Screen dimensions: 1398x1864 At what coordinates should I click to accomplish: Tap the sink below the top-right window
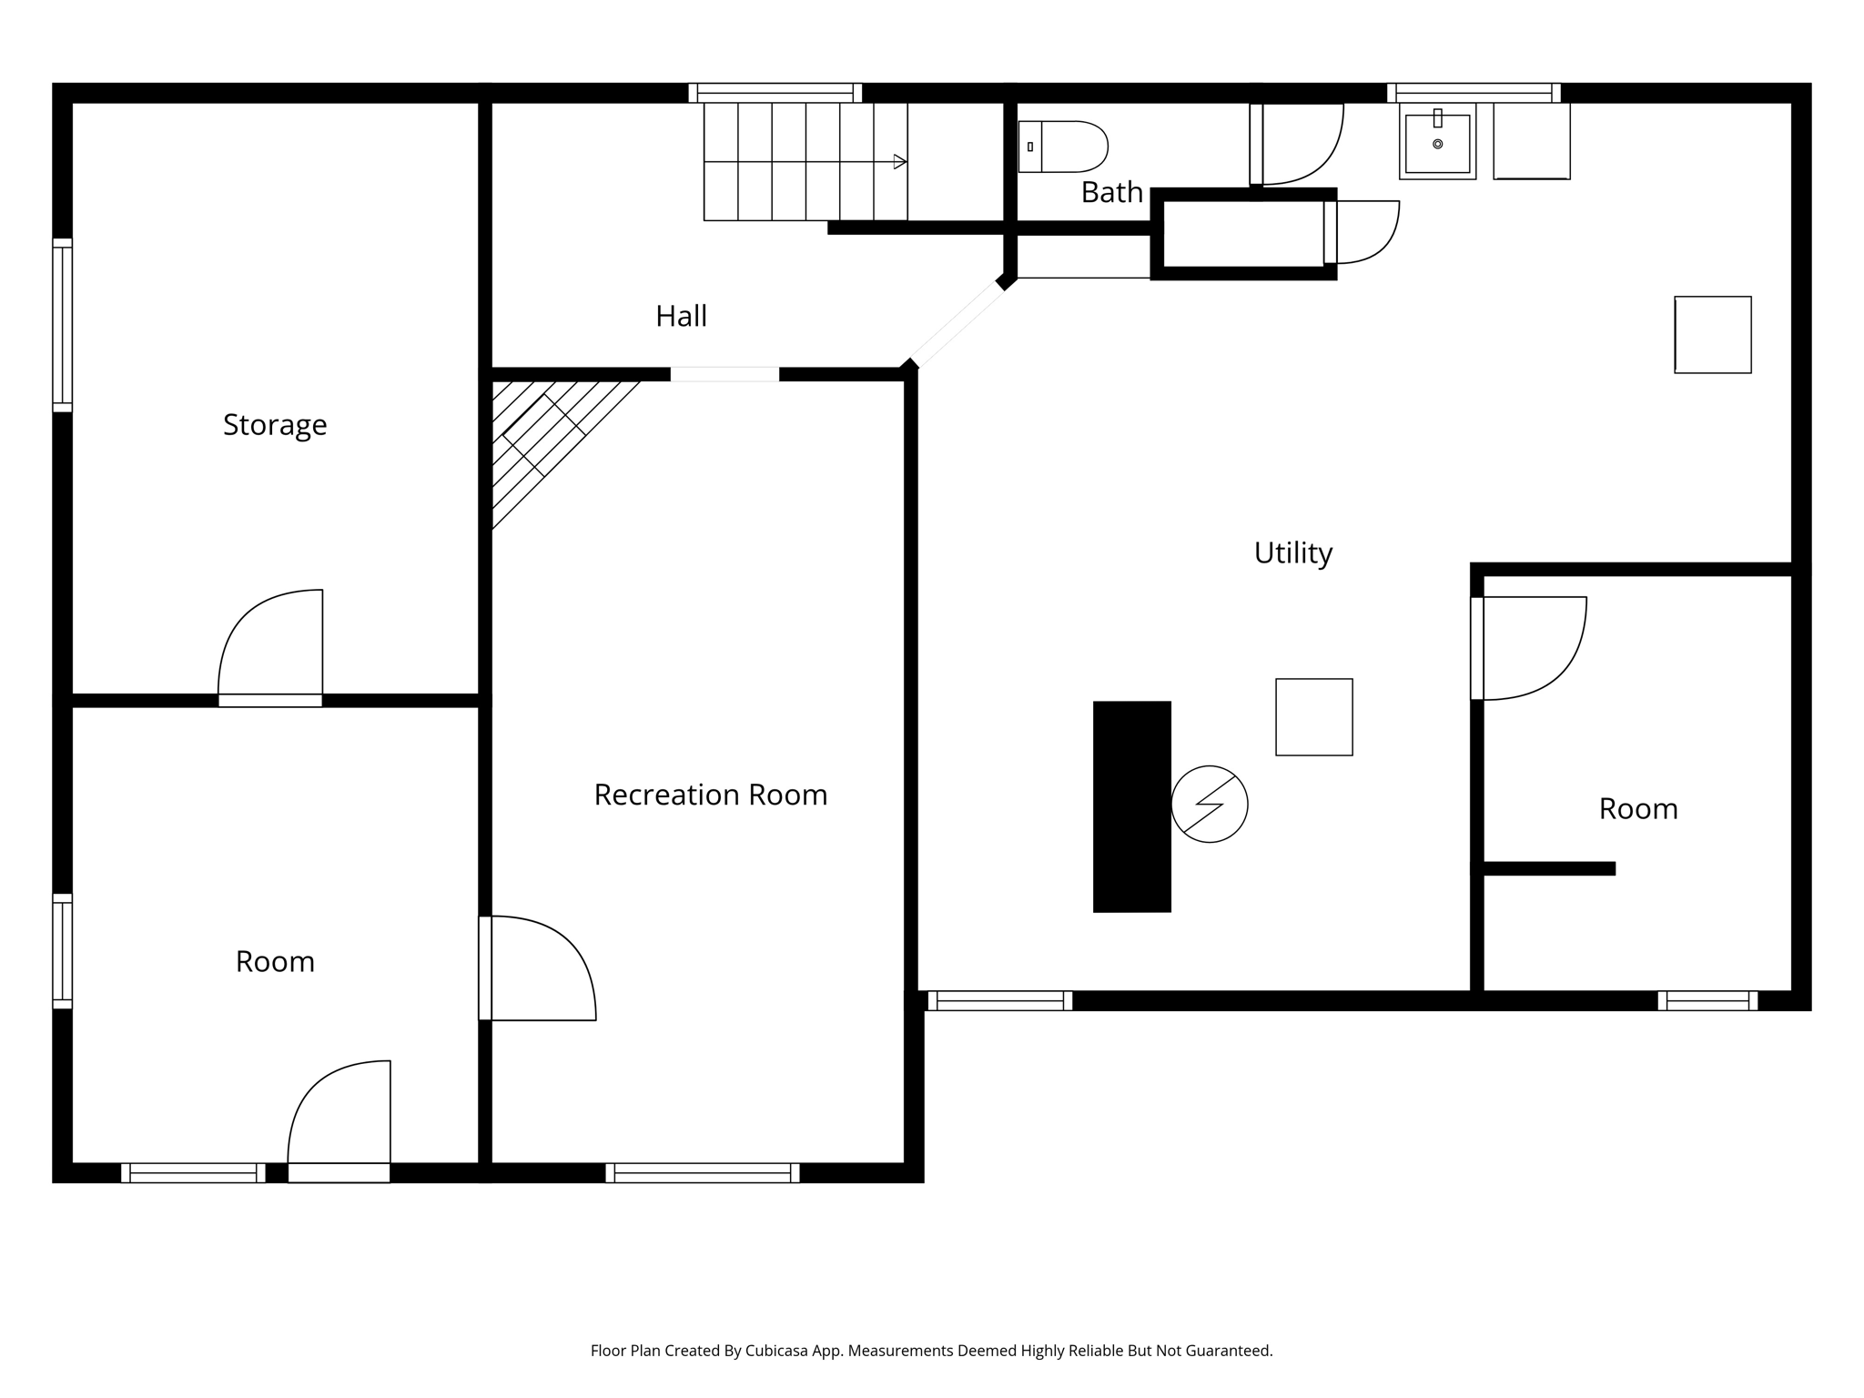(1437, 143)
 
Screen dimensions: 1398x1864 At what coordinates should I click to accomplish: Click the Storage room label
(275, 425)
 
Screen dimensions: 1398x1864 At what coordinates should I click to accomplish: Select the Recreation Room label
(710, 795)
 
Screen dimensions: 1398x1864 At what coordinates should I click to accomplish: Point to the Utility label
(1292, 552)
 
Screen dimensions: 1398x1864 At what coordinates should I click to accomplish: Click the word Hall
(681, 316)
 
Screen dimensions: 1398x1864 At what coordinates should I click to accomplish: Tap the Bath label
(1111, 192)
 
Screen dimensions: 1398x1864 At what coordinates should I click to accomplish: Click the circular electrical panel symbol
(1209, 804)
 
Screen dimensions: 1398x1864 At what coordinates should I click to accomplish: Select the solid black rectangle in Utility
(1131, 806)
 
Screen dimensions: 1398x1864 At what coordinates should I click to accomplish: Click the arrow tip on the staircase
(901, 162)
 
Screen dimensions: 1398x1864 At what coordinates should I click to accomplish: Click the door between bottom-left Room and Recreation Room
(537, 969)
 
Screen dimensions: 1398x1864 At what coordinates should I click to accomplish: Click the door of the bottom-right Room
(1529, 648)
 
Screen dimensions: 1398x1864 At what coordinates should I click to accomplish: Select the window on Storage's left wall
(62, 325)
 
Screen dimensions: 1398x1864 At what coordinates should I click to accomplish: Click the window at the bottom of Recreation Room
(702, 1173)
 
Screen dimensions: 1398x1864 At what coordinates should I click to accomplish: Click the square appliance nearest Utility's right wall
(1712, 335)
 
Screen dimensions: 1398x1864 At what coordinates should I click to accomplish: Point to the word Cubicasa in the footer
(778, 1351)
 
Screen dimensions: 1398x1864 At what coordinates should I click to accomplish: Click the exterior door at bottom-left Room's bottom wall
(339, 1171)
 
